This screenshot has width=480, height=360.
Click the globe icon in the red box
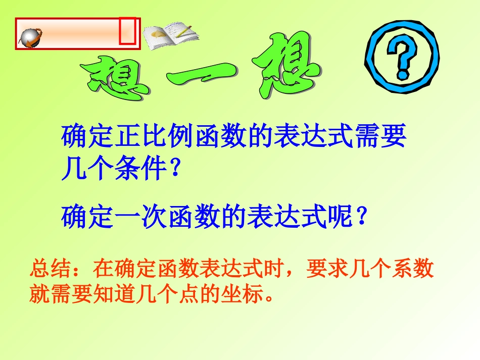30,37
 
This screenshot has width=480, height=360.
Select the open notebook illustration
169,35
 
